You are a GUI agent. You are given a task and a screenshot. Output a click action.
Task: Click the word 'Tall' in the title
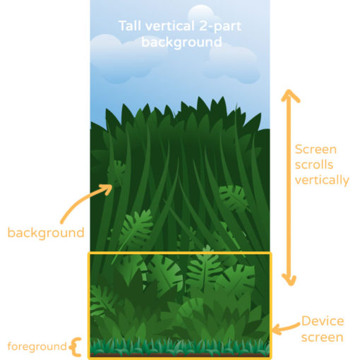131,26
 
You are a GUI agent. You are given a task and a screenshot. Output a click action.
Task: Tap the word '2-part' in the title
220,26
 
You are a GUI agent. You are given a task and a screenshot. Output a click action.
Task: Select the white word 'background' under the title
181,42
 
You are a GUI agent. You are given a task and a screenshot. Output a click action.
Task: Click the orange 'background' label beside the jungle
46,233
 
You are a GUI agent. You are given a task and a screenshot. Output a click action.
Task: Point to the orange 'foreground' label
37,347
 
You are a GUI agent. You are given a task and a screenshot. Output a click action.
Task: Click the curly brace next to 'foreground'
76,347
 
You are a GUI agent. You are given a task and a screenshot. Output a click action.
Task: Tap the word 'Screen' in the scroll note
316,150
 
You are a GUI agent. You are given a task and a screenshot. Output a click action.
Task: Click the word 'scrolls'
314,164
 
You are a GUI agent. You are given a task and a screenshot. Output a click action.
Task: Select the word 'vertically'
322,181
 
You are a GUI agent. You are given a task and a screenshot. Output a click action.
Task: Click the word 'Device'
323,321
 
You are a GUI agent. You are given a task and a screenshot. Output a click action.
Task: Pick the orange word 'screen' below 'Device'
322,337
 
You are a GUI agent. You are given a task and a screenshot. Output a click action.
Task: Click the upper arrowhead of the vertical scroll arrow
290,95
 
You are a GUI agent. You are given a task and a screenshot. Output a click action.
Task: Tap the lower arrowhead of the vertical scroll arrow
289,280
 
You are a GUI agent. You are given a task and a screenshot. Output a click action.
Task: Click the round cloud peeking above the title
202,12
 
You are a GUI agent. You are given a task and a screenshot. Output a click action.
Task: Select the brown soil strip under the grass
180,354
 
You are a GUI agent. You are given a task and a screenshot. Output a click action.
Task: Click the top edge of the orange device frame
180,253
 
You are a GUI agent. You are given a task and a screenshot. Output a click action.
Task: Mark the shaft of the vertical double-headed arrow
289,188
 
